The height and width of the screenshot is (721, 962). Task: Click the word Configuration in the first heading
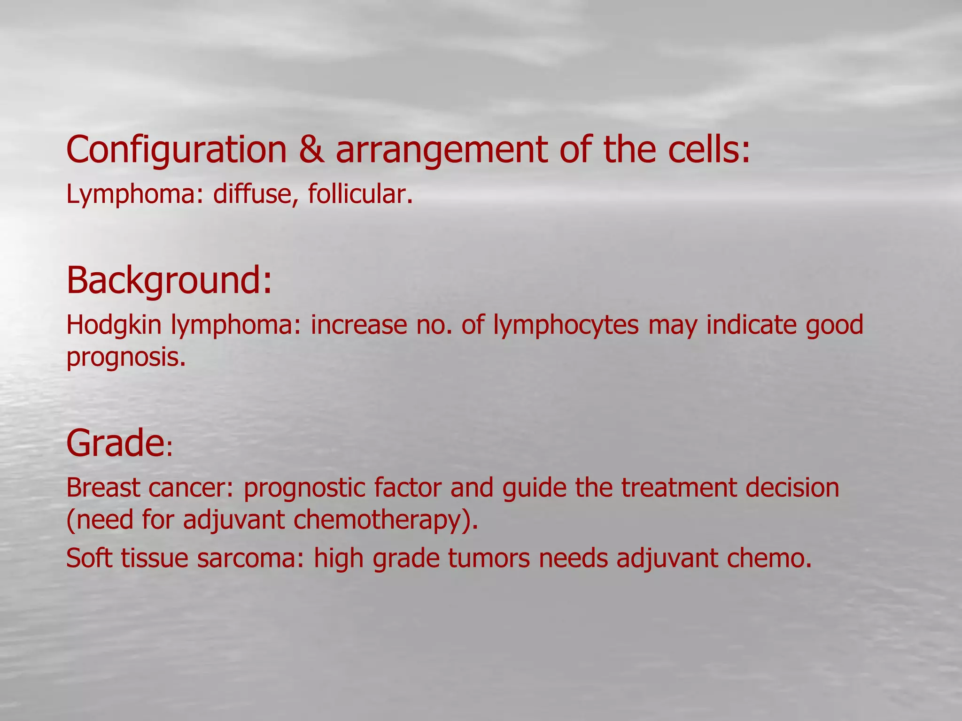[177, 150]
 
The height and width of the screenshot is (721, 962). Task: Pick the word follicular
[360, 193]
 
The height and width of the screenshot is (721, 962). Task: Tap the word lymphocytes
[566, 325]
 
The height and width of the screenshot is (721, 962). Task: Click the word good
[834, 325]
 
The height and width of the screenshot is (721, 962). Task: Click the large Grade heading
[115, 443]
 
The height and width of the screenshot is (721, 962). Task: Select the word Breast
[104, 488]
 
